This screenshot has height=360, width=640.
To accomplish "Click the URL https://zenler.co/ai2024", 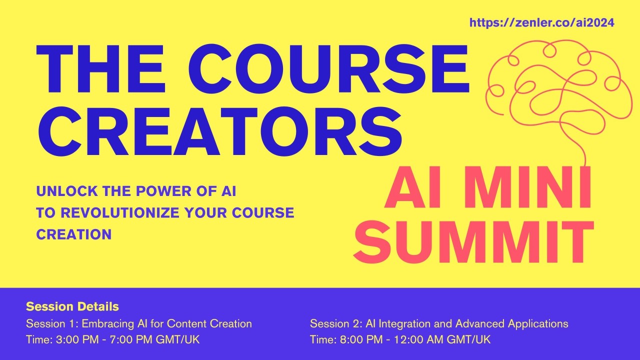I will tap(542, 22).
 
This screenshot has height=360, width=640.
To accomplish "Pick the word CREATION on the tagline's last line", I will tap(74, 234).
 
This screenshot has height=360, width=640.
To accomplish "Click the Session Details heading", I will tap(72, 306).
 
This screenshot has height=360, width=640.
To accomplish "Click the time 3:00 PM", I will tap(72, 340).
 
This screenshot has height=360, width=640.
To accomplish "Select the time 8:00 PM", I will tap(356, 340).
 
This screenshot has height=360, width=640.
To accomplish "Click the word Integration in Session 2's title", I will tap(402, 323).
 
